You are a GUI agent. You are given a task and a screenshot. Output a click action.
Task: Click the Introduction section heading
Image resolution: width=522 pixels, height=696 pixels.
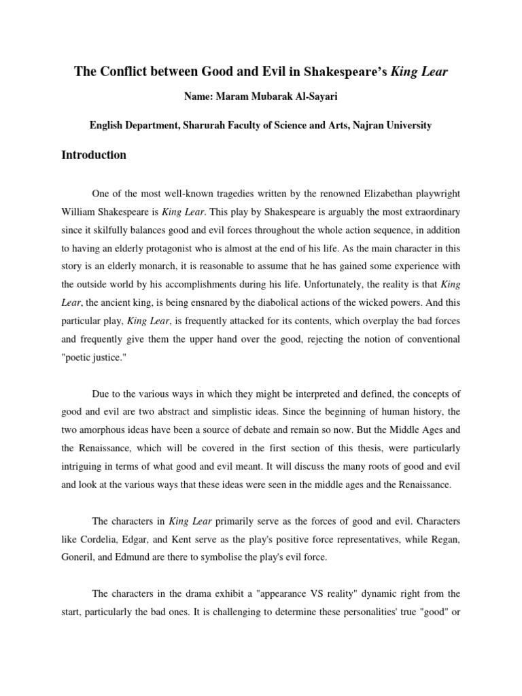94,155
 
